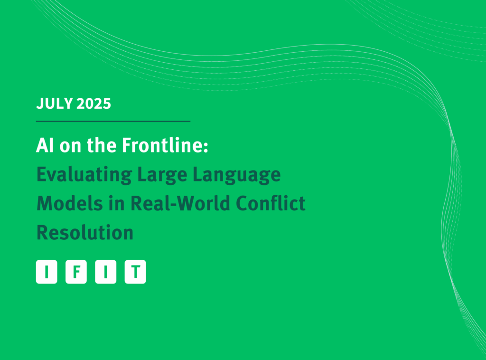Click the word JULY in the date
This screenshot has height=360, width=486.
click(x=55, y=104)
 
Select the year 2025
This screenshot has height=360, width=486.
click(x=93, y=104)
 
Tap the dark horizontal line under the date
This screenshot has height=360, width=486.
click(x=113, y=121)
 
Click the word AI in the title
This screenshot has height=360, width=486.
click(x=45, y=145)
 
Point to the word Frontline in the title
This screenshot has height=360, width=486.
click(x=162, y=145)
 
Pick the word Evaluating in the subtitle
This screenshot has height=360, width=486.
click(x=84, y=175)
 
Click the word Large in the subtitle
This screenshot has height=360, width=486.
click(x=162, y=175)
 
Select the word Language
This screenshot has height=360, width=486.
click(x=236, y=175)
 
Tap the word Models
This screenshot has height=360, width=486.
click(x=70, y=203)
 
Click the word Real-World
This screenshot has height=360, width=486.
click(x=180, y=203)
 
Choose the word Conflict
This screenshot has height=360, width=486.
click(x=271, y=203)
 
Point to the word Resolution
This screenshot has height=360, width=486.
click(x=85, y=233)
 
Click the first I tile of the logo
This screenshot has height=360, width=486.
click(x=47, y=272)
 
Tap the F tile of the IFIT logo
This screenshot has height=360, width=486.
click(x=76, y=272)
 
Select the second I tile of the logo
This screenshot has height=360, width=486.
click(x=106, y=272)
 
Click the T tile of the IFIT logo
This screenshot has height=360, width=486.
click(x=135, y=272)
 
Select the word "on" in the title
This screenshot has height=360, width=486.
click(x=70, y=147)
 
